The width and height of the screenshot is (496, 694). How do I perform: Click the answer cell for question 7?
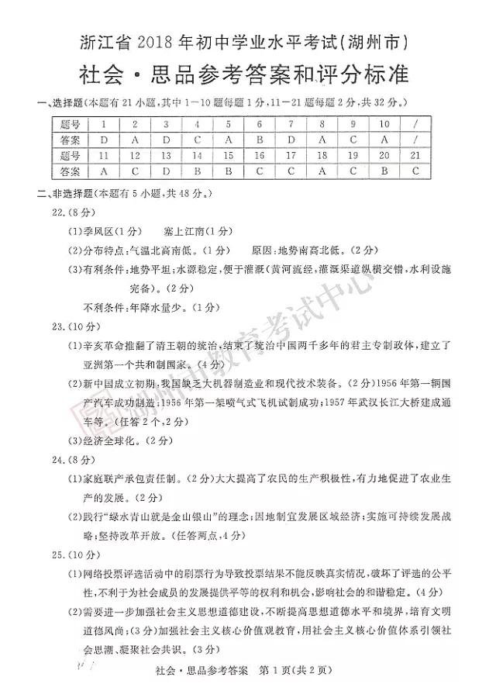[x=290, y=140]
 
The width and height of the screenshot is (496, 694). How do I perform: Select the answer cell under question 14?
[x=198, y=171]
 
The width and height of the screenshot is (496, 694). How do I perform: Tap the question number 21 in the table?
[x=415, y=156]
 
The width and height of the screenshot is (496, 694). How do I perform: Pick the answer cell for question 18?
[x=322, y=171]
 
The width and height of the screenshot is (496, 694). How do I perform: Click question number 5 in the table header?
[x=229, y=124]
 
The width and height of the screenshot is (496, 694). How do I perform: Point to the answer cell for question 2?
[x=135, y=140]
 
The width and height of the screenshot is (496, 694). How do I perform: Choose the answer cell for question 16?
[x=259, y=171]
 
